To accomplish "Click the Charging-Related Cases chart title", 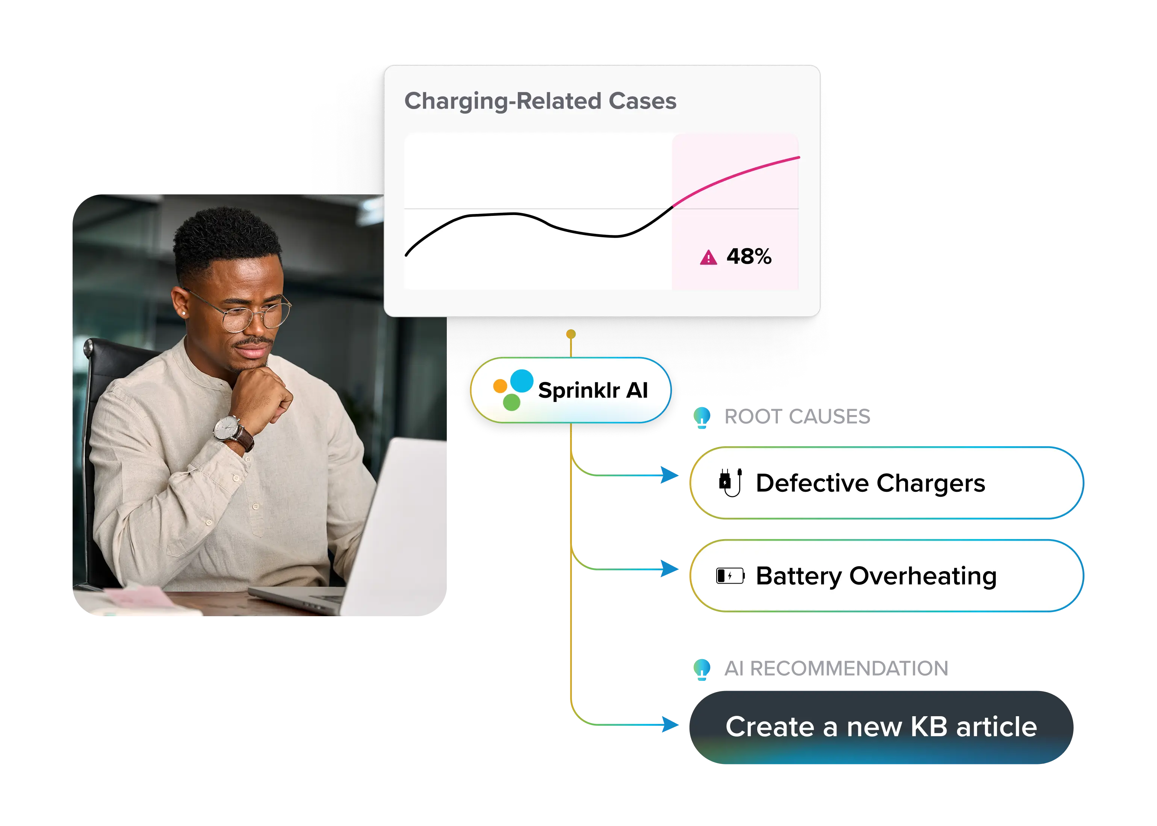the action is (x=540, y=101).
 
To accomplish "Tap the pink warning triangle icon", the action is (x=708, y=258).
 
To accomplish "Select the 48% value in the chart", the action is (x=749, y=257).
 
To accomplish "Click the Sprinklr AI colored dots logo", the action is (x=513, y=390).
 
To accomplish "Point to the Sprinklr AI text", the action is (x=593, y=391).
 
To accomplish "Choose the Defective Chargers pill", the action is (x=886, y=483).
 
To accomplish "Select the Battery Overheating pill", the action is (x=886, y=576).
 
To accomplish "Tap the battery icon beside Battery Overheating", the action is (x=730, y=576).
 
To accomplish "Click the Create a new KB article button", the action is (x=881, y=727).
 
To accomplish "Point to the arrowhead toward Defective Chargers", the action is (x=670, y=476).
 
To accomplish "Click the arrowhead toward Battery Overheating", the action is (x=670, y=568).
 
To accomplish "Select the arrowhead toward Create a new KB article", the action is (x=670, y=724).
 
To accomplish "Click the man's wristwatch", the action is (x=227, y=428).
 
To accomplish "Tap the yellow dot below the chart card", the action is (x=571, y=334).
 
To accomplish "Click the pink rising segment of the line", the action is (x=737, y=175).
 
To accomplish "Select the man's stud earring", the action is (x=183, y=314).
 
